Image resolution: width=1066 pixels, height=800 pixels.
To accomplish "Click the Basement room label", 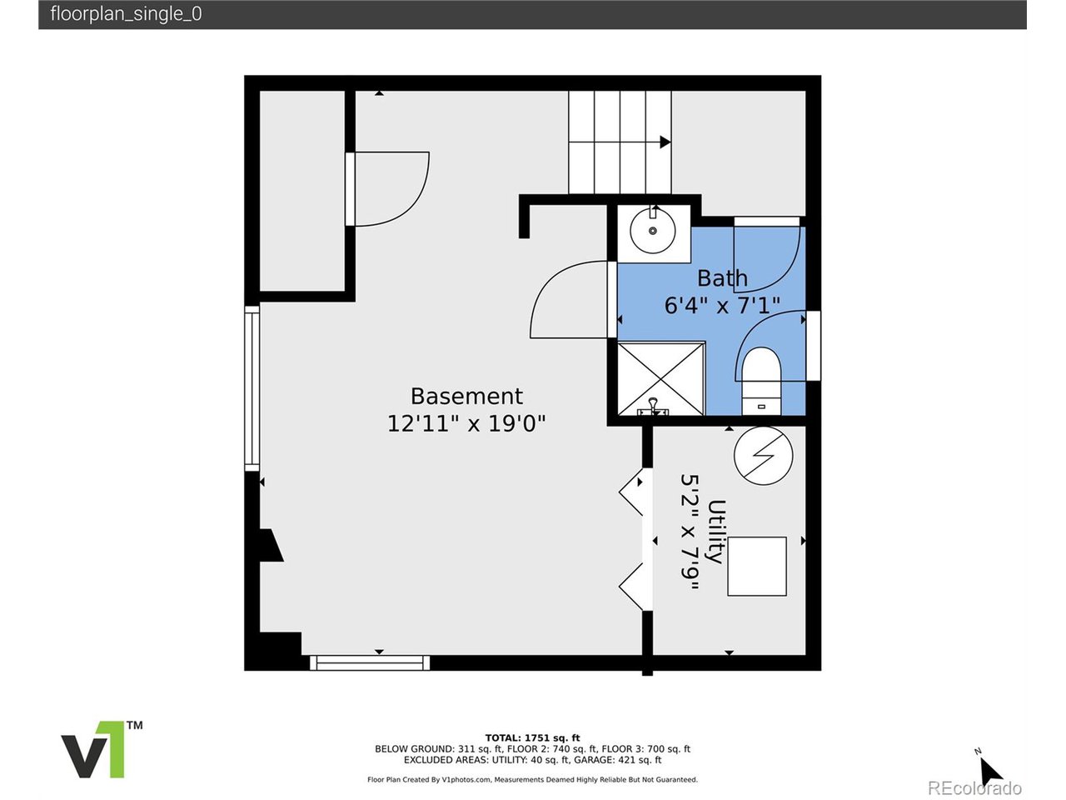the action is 466,396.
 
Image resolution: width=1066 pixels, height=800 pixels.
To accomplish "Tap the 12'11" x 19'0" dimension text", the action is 466,423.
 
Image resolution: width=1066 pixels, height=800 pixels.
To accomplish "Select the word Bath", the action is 722,278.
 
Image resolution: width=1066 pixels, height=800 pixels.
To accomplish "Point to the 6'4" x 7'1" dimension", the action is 722,306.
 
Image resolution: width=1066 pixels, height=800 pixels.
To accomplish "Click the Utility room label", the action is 716,532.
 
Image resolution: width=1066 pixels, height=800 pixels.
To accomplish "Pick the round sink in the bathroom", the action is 653,231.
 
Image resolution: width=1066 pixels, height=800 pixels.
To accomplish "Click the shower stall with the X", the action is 660,379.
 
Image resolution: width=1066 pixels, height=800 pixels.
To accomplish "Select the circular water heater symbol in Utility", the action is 763,455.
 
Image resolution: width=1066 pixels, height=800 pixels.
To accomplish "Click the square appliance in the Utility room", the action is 757,567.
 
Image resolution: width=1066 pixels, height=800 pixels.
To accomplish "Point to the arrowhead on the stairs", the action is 665,142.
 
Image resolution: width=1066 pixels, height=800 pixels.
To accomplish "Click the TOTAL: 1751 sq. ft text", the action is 532,738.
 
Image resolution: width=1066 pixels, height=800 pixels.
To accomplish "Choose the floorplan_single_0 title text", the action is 126,14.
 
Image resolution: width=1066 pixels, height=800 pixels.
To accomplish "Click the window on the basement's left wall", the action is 252,388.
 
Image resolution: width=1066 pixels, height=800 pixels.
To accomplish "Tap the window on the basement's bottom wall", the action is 370,662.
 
